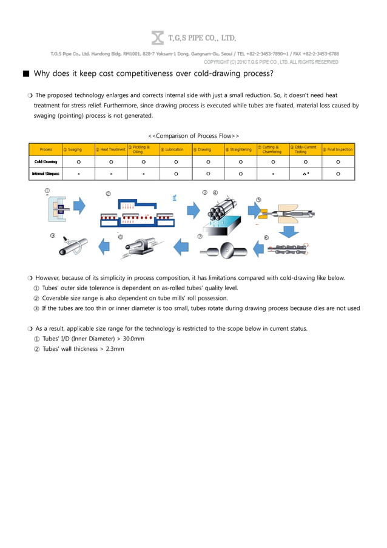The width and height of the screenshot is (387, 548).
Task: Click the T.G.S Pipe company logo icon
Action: (x=157, y=38)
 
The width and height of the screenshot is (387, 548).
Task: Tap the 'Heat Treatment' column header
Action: (x=110, y=149)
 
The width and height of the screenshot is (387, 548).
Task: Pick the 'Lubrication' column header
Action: (x=175, y=149)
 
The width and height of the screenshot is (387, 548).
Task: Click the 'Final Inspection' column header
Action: (x=338, y=149)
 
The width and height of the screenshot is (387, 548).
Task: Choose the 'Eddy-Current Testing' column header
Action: (x=305, y=149)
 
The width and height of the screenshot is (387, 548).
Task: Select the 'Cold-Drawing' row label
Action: (x=46, y=162)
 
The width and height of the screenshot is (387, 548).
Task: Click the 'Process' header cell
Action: (x=46, y=149)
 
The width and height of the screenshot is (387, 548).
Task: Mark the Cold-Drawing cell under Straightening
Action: (x=240, y=162)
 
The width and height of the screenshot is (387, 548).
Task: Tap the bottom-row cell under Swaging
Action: (x=78, y=174)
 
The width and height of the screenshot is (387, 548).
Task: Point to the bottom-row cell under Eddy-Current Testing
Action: (x=305, y=174)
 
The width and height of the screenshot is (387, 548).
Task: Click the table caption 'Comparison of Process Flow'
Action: (x=193, y=135)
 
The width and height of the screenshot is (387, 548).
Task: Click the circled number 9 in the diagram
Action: (x=53, y=236)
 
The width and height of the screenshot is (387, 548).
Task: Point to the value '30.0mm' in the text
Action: (x=130, y=339)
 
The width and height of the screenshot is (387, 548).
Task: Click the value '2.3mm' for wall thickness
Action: (x=115, y=349)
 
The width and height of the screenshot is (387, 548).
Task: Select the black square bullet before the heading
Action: (x=25, y=74)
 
